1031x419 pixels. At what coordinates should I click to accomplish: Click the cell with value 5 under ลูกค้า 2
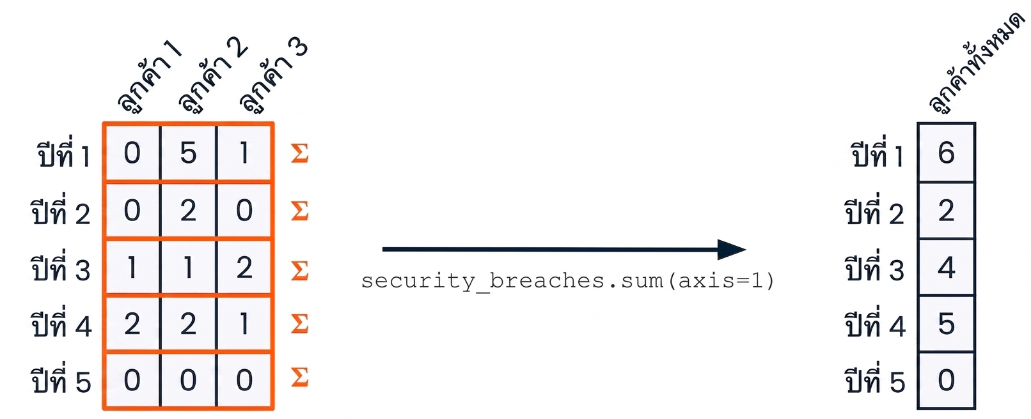[188, 153]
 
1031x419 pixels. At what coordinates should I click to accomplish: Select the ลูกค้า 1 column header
[150, 76]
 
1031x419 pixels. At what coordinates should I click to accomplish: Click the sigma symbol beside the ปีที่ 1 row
[299, 153]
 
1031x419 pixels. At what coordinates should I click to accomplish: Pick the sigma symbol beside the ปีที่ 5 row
[299, 377]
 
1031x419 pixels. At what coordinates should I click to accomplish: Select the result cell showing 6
[947, 153]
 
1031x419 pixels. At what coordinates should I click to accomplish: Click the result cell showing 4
[947, 268]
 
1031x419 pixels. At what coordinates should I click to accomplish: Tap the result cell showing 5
[947, 324]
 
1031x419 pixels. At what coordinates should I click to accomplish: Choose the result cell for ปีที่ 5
[947, 381]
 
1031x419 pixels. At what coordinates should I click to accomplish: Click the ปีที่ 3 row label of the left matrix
[61, 268]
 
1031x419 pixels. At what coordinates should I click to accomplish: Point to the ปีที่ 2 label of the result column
[875, 210]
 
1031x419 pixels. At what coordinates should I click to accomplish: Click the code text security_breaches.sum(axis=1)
[568, 281]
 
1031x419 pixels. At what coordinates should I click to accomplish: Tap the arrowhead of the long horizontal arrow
[732, 250]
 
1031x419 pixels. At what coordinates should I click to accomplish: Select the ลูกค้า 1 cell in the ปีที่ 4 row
[132, 324]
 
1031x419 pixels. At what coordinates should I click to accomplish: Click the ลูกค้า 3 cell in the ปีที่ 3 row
[244, 268]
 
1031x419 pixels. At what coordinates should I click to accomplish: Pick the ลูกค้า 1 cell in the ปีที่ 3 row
[132, 268]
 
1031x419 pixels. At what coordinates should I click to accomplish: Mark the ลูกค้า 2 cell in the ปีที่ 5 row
[188, 381]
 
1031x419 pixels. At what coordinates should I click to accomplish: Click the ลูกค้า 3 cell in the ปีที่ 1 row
[244, 153]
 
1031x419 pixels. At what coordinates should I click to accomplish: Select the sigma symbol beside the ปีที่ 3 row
[299, 270]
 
